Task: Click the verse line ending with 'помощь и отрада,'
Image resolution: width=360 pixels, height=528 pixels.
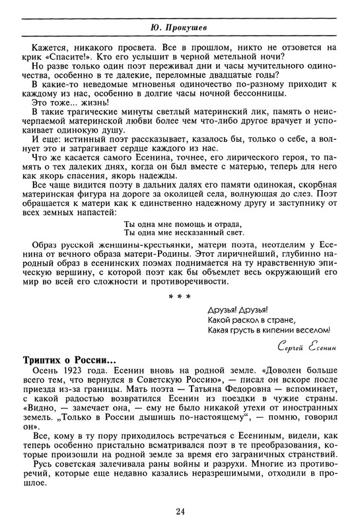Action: (x=179, y=222)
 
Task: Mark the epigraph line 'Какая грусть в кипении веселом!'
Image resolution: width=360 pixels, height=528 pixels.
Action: (x=268, y=330)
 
